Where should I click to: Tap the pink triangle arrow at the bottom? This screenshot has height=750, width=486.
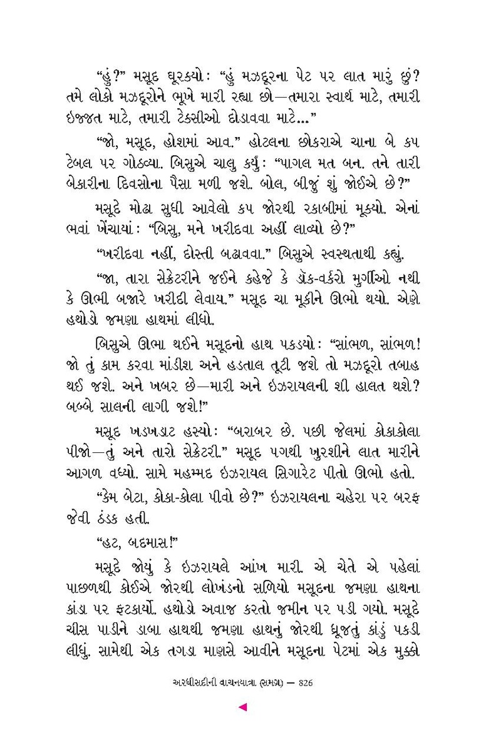click(x=243, y=707)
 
